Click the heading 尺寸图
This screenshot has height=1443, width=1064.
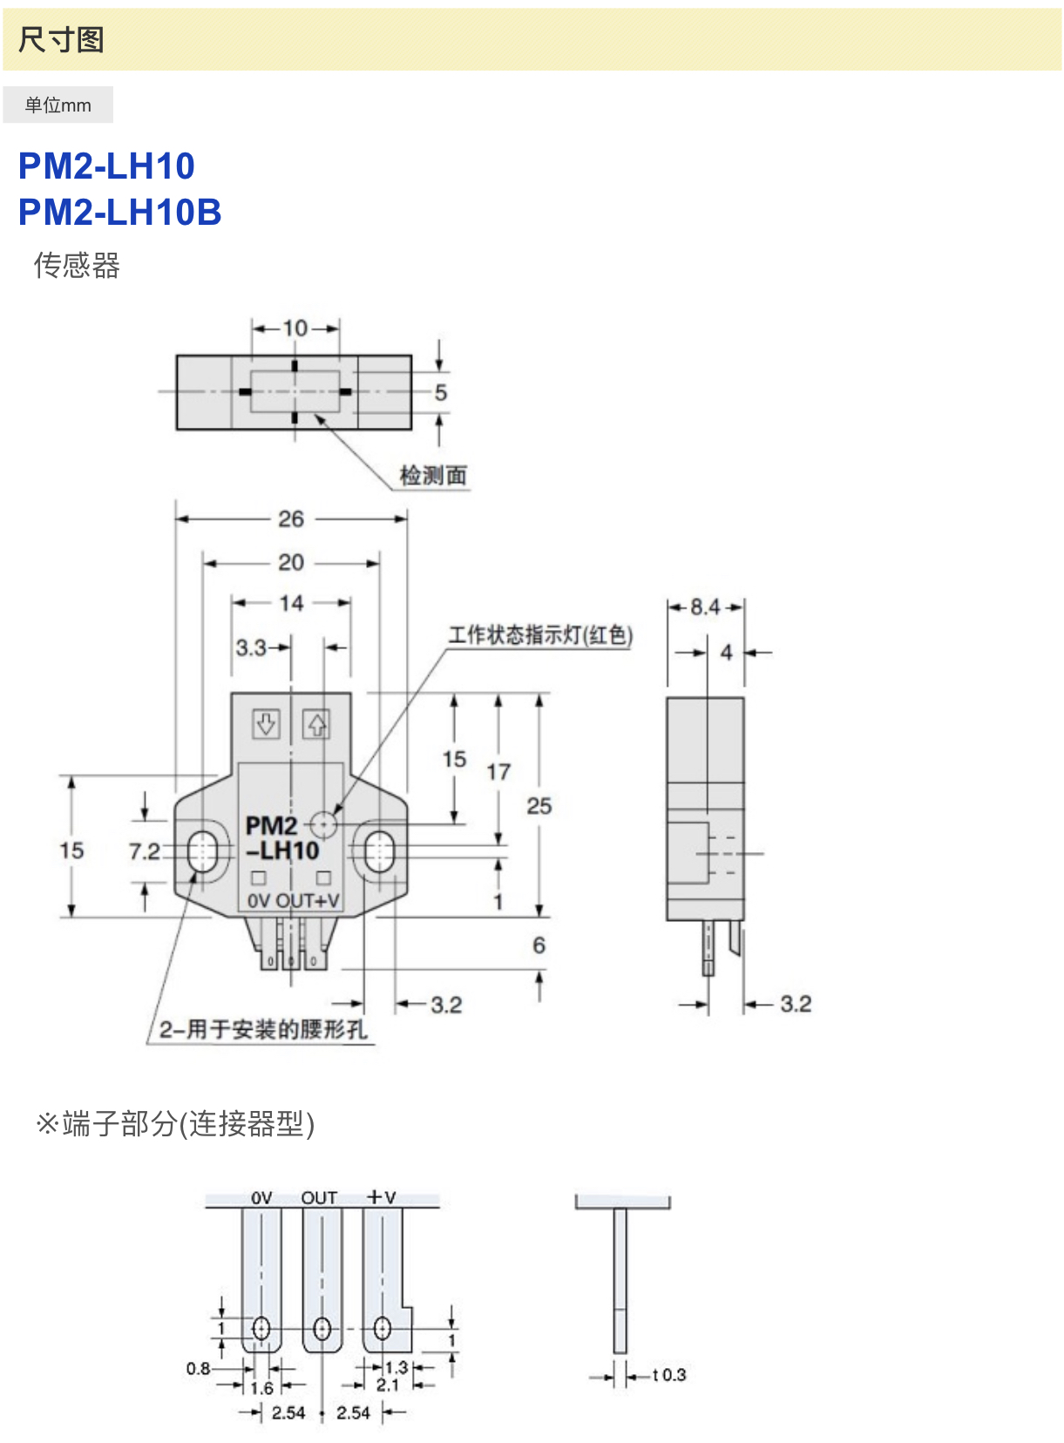(61, 40)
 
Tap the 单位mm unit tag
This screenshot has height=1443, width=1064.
(58, 105)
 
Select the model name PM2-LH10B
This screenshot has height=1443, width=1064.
(120, 212)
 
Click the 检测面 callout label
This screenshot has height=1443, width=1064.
(433, 475)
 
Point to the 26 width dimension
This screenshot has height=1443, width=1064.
(291, 519)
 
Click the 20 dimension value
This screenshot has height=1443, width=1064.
(291, 563)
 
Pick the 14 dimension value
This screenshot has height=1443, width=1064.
(291, 603)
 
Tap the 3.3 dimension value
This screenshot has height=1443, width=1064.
(251, 647)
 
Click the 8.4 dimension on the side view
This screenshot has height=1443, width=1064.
(705, 606)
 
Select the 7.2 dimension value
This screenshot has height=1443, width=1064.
(145, 851)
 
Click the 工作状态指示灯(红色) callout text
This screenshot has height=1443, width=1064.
(540, 635)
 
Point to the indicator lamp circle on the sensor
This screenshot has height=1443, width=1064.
(324, 823)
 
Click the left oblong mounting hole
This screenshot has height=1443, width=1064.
(203, 850)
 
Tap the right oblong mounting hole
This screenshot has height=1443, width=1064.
(379, 850)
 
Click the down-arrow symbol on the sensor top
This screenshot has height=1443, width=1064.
(266, 723)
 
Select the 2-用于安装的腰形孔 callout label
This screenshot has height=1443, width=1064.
(262, 1029)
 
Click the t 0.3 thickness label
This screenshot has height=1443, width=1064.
(668, 1375)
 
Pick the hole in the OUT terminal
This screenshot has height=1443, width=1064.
(322, 1329)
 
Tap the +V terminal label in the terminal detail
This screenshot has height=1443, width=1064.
(382, 1197)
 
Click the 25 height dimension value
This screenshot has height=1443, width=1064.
(539, 806)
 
